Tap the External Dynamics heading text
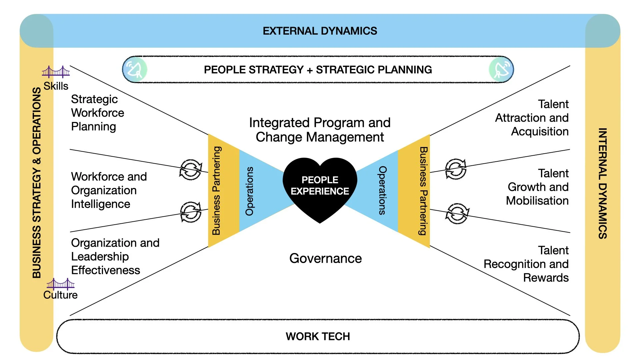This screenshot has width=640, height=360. click(x=320, y=31)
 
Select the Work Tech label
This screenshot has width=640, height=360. click(x=318, y=336)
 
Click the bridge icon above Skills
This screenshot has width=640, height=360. click(x=56, y=72)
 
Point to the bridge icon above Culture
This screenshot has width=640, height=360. click(x=60, y=284)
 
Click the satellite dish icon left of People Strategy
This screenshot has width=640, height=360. click(x=135, y=70)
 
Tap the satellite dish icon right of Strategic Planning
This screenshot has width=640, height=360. click(x=501, y=70)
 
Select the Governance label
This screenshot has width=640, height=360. click(x=325, y=258)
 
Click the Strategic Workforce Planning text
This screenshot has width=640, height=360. click(x=97, y=113)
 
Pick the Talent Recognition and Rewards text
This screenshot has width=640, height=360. click(x=526, y=264)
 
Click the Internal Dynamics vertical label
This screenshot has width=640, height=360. click(x=602, y=183)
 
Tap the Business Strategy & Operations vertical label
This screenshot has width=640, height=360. click(x=37, y=183)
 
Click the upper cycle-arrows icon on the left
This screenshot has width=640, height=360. click(x=191, y=169)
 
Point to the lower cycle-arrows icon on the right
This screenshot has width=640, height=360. click(x=457, y=213)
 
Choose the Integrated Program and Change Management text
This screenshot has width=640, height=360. click(x=320, y=130)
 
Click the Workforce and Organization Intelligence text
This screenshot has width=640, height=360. click(x=109, y=190)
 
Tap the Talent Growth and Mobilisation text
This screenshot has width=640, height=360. click(x=537, y=187)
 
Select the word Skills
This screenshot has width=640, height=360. click(x=56, y=86)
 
